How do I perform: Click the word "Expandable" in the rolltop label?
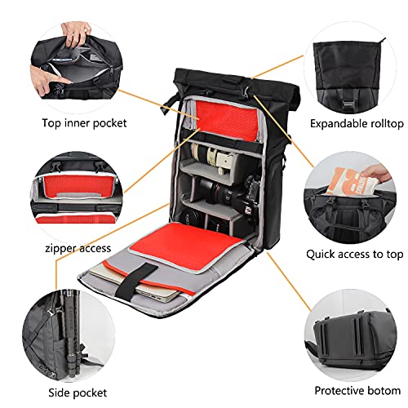click(334, 124)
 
